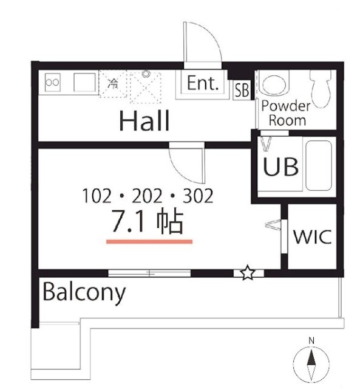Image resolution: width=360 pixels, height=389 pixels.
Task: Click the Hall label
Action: (x=144, y=121)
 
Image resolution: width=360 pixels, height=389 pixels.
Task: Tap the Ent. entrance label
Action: (x=203, y=83)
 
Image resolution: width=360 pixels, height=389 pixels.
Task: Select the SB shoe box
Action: (x=242, y=90)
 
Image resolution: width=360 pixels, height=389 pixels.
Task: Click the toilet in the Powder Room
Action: (x=321, y=88)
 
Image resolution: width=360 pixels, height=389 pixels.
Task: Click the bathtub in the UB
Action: (x=319, y=166)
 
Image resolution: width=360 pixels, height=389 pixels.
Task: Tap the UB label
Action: (x=280, y=167)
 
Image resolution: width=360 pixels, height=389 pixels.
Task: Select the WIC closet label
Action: (x=312, y=236)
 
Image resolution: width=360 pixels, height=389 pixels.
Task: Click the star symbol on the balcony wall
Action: (x=248, y=273)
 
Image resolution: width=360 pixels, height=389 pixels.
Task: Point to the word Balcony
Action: (x=84, y=293)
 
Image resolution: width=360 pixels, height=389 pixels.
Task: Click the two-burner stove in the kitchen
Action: (x=53, y=82)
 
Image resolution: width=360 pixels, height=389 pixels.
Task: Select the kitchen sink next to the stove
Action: (x=85, y=82)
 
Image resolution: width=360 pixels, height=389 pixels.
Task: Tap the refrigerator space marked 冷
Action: (x=113, y=84)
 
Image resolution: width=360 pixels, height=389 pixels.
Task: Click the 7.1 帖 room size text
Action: (x=148, y=222)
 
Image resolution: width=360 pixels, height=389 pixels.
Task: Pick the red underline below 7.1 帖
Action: (x=149, y=241)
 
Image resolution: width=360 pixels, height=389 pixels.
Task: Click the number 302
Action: (x=198, y=196)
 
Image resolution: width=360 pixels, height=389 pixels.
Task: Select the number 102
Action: (x=97, y=196)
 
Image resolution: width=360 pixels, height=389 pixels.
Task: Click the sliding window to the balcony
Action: (x=149, y=273)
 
